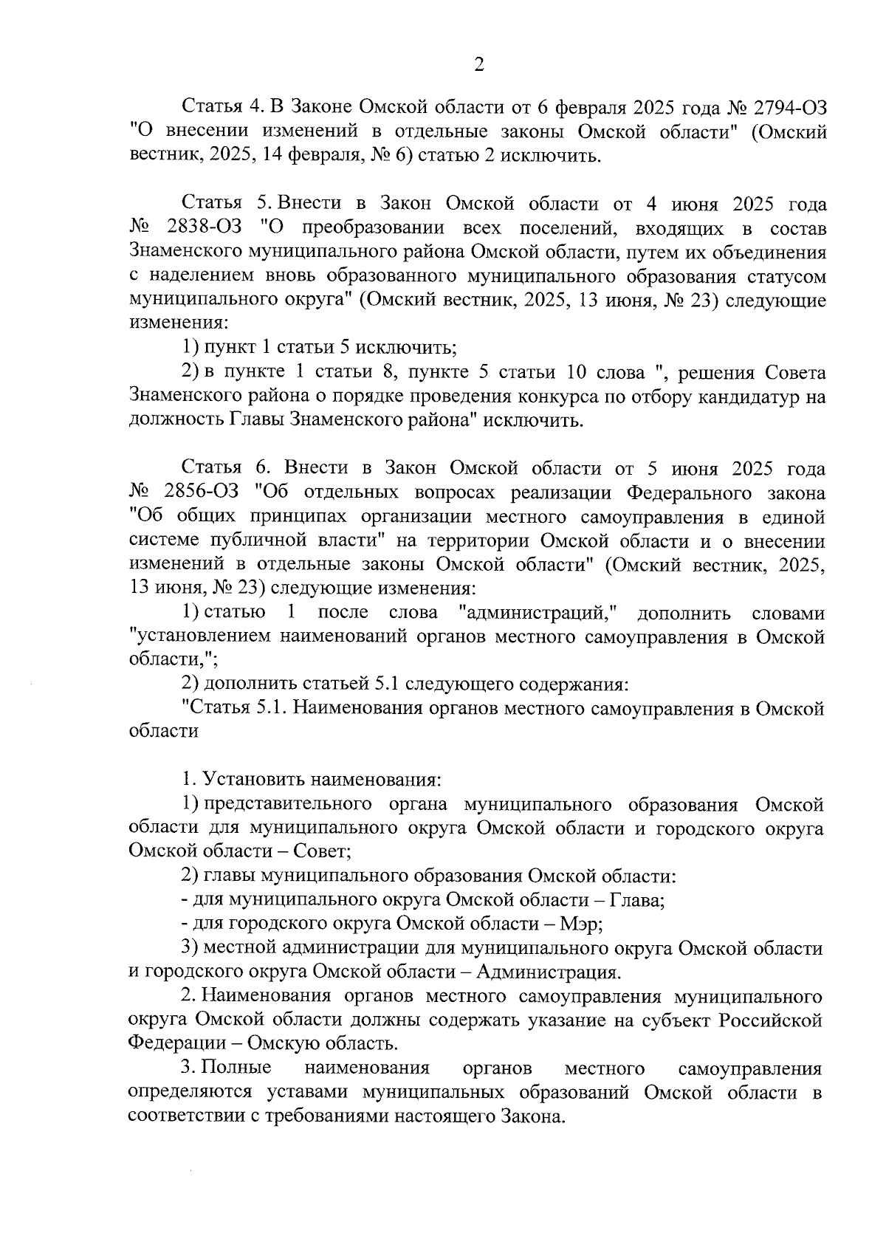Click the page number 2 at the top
(x=478, y=66)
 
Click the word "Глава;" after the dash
(x=639, y=900)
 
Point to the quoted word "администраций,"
(x=538, y=613)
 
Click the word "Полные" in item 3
(x=236, y=1068)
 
